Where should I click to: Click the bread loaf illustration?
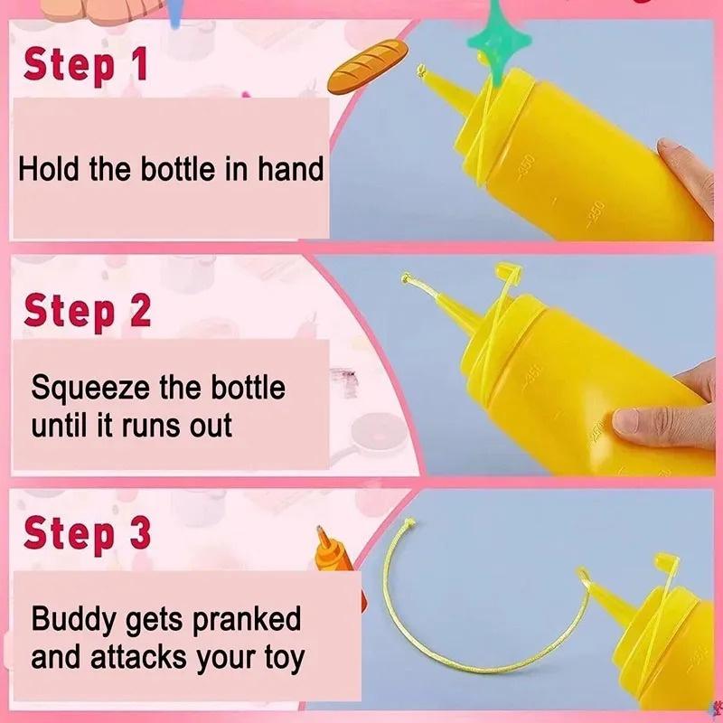click(368, 66)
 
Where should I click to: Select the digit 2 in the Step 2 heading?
click(140, 310)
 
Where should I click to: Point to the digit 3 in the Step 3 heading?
click(140, 532)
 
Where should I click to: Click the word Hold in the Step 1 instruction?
click(49, 169)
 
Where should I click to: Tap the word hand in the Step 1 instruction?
click(290, 169)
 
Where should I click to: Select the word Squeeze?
click(90, 389)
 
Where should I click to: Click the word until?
click(59, 425)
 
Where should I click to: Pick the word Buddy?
click(74, 620)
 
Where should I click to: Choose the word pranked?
click(247, 620)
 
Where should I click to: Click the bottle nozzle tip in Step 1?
click(420, 70)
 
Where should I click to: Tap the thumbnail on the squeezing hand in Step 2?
click(625, 421)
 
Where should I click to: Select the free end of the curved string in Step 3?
click(408, 522)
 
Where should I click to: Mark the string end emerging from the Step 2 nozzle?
click(405, 277)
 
